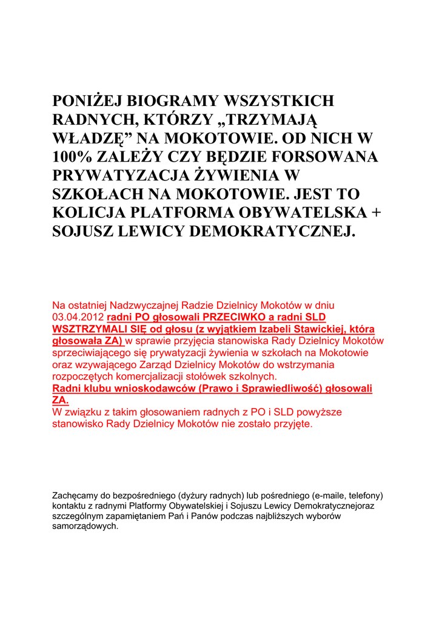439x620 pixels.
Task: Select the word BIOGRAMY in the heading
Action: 176,101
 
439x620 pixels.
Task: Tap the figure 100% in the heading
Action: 76,157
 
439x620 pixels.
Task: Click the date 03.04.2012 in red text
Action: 78,317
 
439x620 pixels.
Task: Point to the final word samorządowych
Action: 85,527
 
